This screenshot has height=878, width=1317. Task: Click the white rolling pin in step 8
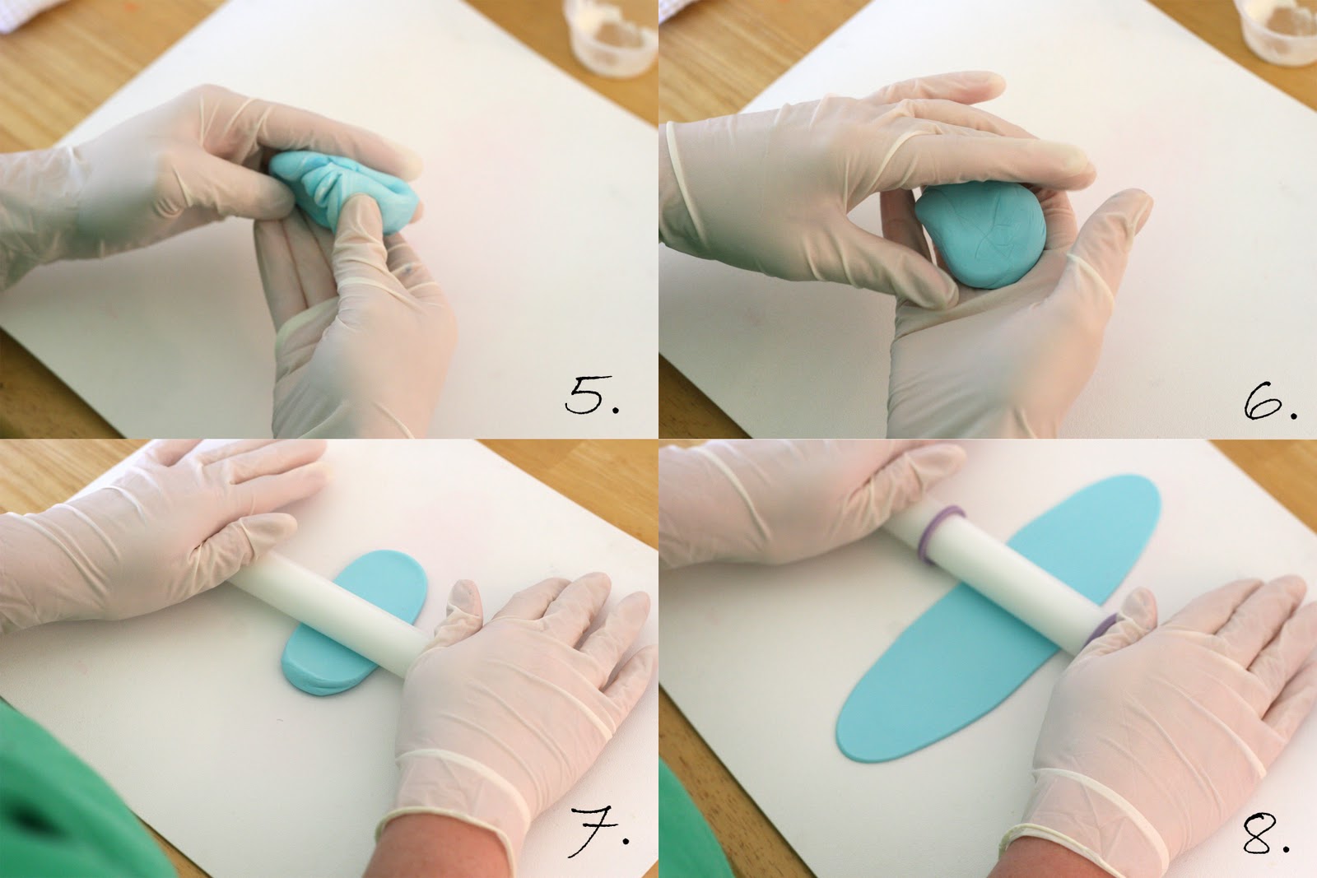click(999, 576)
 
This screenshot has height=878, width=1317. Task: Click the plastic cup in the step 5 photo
click(612, 36)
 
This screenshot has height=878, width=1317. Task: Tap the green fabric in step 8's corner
click(691, 823)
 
